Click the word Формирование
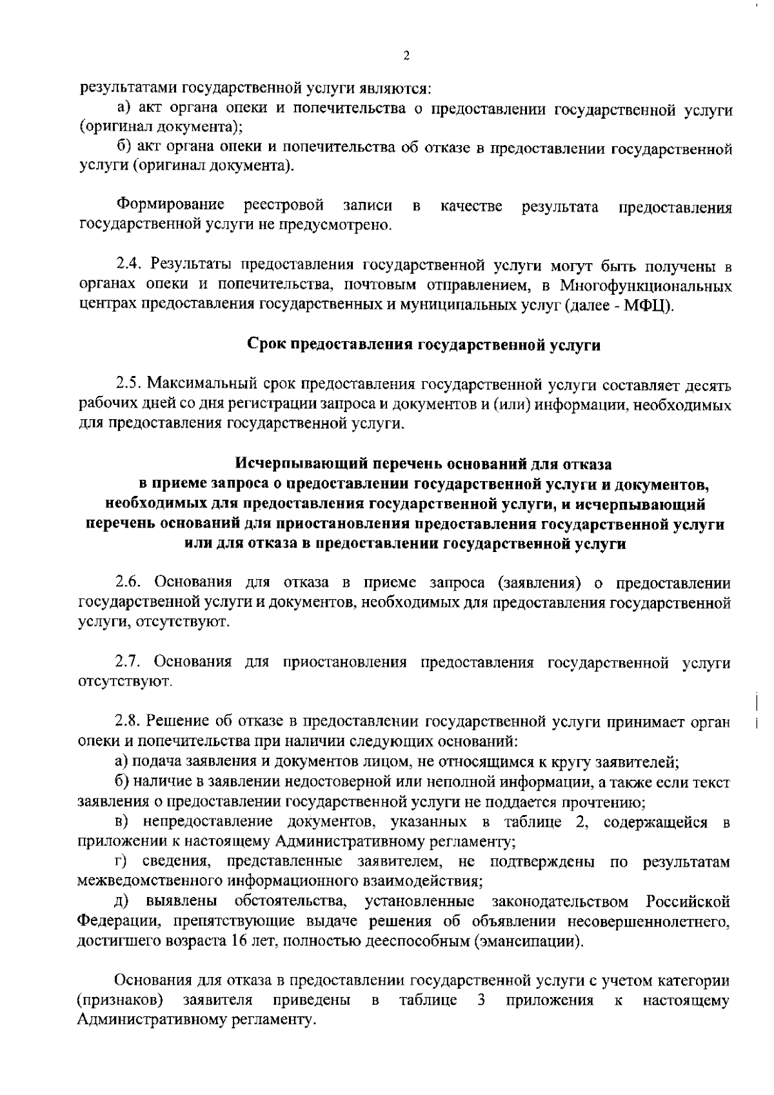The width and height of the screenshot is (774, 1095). (x=170, y=206)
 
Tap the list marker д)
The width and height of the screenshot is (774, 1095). (x=123, y=901)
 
